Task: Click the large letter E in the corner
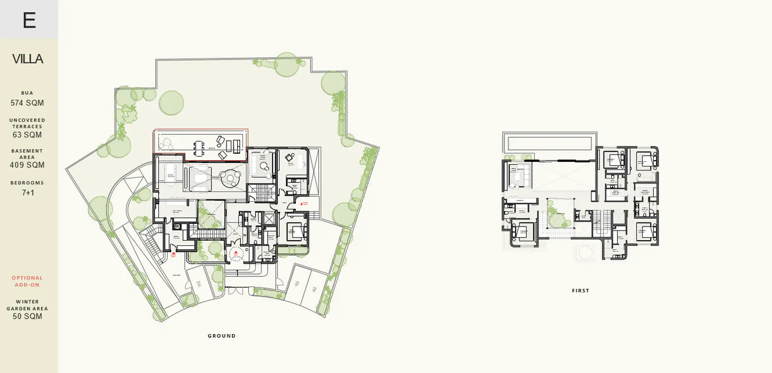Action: click(x=29, y=20)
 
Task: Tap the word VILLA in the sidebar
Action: click(x=28, y=59)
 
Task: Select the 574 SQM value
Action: click(x=27, y=103)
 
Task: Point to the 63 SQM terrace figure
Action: click(x=27, y=135)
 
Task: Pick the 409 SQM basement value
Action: click(x=27, y=165)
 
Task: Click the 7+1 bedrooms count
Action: click(x=28, y=192)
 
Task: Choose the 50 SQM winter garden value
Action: click(x=27, y=317)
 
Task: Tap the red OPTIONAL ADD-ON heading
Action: click(x=27, y=281)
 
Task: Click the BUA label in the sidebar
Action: click(x=27, y=93)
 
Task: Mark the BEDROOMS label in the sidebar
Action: click(x=27, y=183)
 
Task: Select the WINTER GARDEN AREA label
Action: click(x=27, y=305)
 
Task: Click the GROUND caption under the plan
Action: click(x=222, y=336)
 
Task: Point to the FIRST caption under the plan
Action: click(x=580, y=291)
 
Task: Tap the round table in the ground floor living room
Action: click(x=227, y=176)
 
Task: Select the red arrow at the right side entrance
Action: click(x=304, y=204)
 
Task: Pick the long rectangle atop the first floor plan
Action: click(x=548, y=142)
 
